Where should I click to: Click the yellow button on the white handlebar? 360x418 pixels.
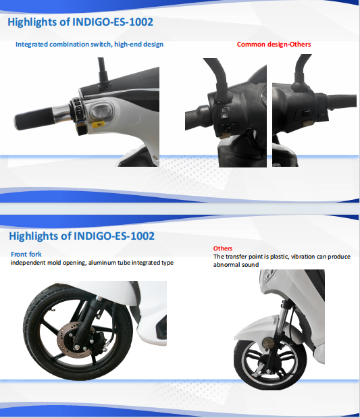pos(98,124)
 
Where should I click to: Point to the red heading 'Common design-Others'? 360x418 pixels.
pos(274,45)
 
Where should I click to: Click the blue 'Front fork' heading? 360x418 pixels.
pos(26,254)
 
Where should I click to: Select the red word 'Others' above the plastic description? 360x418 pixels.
pos(223,249)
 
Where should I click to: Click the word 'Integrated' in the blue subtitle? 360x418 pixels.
pos(32,45)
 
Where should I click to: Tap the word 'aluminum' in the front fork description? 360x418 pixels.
pos(102,263)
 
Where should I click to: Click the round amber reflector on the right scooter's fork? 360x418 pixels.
pos(268,342)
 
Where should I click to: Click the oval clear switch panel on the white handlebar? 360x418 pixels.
pos(100,111)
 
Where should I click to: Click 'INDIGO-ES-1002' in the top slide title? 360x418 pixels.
pos(113,22)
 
